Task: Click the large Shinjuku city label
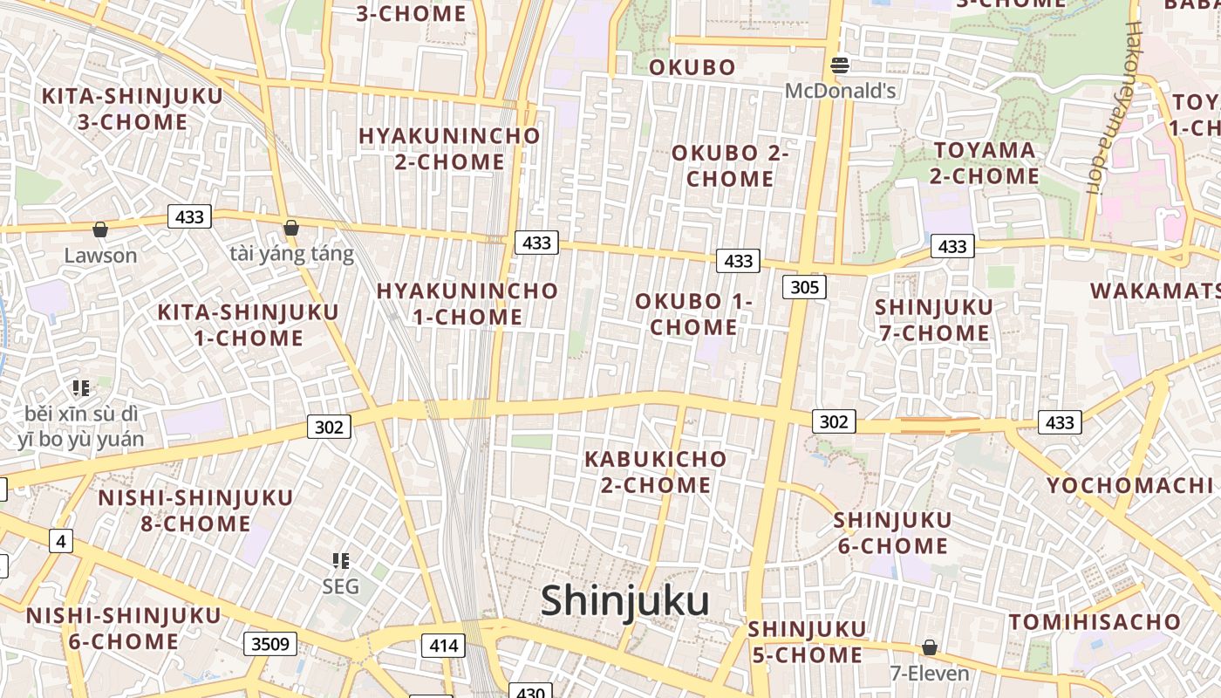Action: (624, 601)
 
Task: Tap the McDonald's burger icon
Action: (840, 65)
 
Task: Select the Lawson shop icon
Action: (100, 229)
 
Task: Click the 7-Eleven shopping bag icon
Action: (930, 648)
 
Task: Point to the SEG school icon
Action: (341, 561)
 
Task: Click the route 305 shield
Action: (803, 286)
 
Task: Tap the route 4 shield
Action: (59, 542)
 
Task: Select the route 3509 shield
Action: (269, 644)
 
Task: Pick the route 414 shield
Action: (443, 646)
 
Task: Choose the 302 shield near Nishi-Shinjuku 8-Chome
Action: (329, 427)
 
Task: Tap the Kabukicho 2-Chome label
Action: (655, 471)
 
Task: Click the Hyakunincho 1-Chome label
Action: (467, 304)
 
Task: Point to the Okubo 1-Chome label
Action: (693, 314)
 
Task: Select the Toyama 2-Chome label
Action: (985, 163)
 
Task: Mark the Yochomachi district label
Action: (1130, 486)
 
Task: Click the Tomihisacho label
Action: (1095, 622)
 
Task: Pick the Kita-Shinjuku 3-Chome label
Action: (133, 109)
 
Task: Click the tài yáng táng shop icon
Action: (291, 228)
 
